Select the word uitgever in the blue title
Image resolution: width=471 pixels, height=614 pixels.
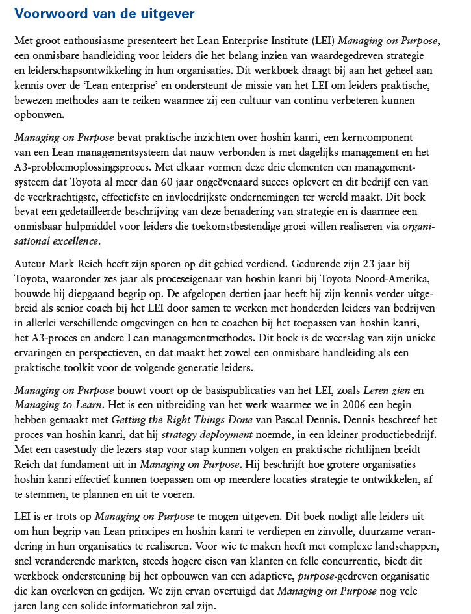point(166,12)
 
